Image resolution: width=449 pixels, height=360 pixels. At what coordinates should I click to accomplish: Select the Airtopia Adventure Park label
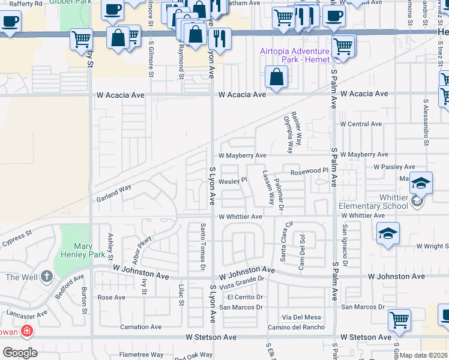click(x=295, y=55)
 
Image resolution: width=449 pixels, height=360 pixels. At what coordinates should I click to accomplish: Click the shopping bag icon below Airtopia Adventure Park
click(x=276, y=77)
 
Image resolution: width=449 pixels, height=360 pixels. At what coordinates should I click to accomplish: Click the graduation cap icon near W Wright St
click(x=388, y=234)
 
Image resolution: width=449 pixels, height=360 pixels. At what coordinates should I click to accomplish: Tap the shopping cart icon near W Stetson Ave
click(x=399, y=320)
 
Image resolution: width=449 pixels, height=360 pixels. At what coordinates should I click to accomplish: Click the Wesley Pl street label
click(x=233, y=180)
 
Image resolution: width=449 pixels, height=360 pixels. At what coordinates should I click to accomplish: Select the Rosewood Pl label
click(x=310, y=172)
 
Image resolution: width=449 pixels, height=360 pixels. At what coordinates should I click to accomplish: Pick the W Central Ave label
click(x=360, y=124)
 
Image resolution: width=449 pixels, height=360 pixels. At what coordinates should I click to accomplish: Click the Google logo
click(x=19, y=352)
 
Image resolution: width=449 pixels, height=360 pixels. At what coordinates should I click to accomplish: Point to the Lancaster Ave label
click(x=26, y=314)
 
